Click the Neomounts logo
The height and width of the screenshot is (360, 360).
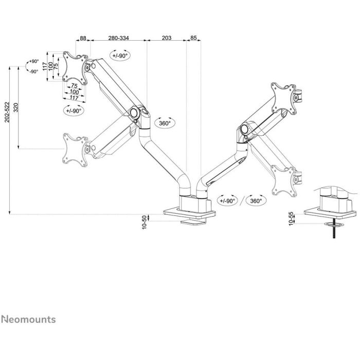click(x=28, y=319)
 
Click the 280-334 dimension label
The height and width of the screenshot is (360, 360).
click(x=118, y=38)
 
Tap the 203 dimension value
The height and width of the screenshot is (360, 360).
click(x=167, y=38)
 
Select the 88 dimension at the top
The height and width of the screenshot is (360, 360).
click(x=83, y=38)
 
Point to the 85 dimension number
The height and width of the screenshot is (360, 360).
click(x=193, y=38)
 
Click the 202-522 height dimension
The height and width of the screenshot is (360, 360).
click(x=7, y=112)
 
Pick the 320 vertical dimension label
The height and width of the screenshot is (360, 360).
click(x=16, y=107)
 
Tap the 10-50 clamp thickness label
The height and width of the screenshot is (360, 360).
click(x=144, y=222)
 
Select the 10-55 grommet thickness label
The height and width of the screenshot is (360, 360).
click(x=291, y=219)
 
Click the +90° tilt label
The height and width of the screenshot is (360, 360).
click(x=34, y=61)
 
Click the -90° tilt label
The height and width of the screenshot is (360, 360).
click(x=34, y=71)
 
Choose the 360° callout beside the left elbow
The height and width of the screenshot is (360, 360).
click(x=165, y=123)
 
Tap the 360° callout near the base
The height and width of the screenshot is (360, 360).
click(x=256, y=201)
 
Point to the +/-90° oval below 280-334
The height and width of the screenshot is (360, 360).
click(x=120, y=56)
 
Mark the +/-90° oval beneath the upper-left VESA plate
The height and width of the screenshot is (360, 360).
click(x=74, y=111)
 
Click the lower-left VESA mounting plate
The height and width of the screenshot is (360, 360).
click(x=75, y=150)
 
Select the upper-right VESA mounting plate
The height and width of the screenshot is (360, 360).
click(x=284, y=99)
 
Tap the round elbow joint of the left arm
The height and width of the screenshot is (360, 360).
click(x=134, y=113)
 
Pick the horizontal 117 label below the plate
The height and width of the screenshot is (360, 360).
click(x=74, y=98)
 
